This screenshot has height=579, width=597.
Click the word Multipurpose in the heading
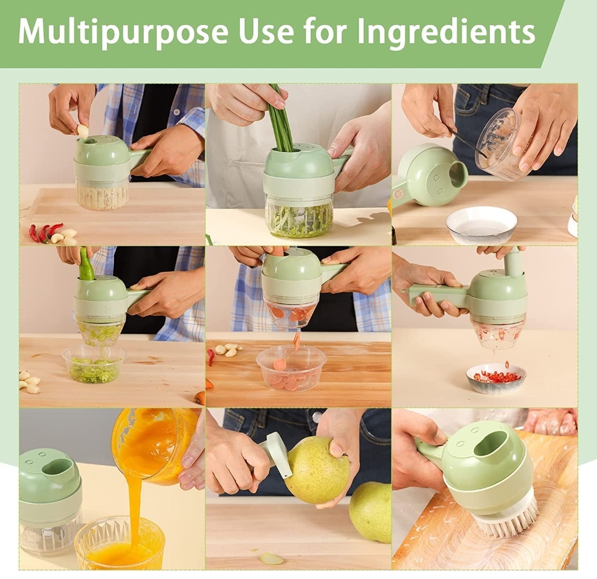pos(123,33)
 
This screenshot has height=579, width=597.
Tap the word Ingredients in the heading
pos(446,33)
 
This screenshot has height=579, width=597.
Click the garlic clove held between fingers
pos(83,132)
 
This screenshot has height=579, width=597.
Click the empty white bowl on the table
pos(481,225)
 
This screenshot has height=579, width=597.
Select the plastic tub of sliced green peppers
pos(93,364)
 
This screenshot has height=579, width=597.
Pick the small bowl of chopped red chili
pos(496,378)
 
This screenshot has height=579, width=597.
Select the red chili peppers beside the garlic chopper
pos(45,232)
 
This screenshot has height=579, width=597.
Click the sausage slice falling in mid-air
pos(297,341)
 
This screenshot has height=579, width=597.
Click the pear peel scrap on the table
pos(271,559)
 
